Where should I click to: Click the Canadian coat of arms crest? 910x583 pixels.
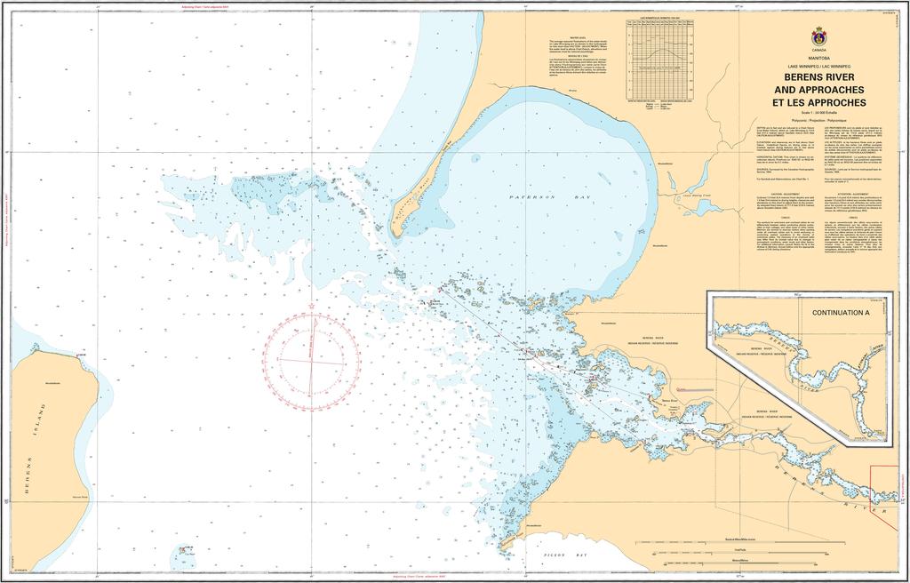(818, 38)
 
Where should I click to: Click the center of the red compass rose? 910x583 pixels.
(311, 360)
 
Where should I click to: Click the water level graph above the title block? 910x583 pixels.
(660, 59)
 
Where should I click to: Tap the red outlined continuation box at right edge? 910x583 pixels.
(890, 485)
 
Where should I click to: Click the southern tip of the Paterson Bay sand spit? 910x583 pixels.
(403, 233)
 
